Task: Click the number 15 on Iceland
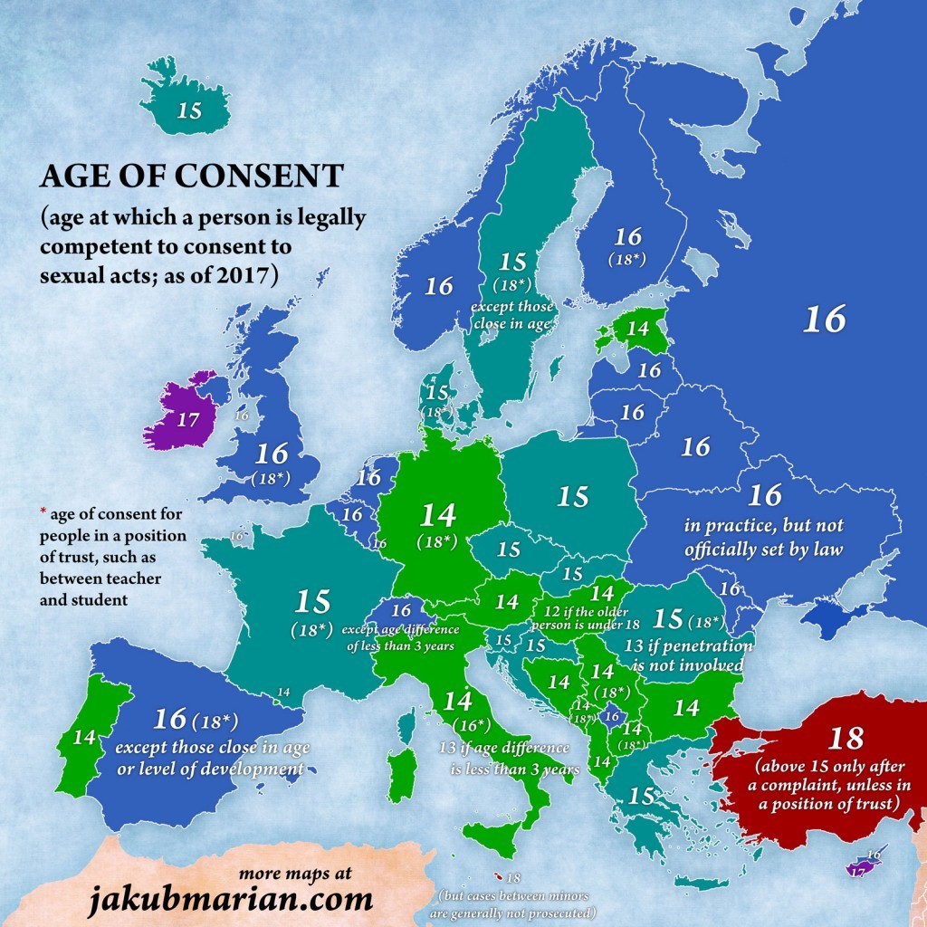(x=190, y=111)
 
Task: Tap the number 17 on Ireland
(x=187, y=420)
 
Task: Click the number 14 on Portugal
(x=84, y=737)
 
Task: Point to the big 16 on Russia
(x=825, y=319)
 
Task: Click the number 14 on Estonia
(x=637, y=328)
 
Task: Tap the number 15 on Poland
(x=573, y=496)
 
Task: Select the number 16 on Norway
(x=439, y=287)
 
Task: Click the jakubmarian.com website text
(x=231, y=899)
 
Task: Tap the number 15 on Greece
(x=641, y=797)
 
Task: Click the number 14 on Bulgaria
(x=687, y=707)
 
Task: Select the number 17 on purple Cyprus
(x=857, y=871)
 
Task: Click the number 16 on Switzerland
(x=401, y=611)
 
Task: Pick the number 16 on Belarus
(x=695, y=446)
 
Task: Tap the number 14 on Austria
(x=506, y=601)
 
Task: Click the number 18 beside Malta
(x=514, y=878)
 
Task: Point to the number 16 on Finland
(x=627, y=237)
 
